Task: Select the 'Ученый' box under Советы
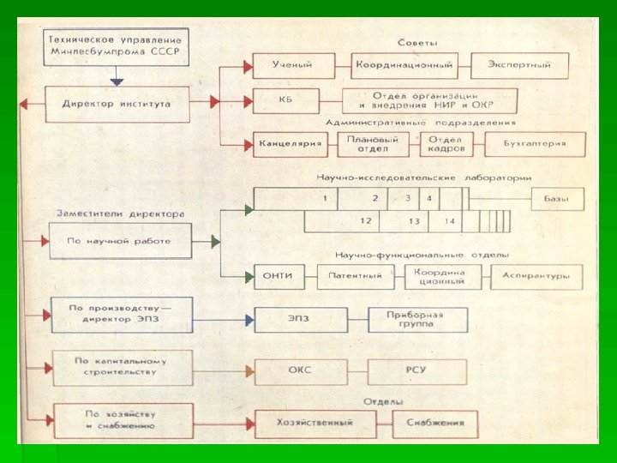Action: tap(292, 65)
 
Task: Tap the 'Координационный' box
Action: tap(404, 65)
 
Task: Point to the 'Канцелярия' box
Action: tap(291, 143)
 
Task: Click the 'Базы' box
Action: tap(557, 199)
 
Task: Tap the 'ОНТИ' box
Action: tap(280, 276)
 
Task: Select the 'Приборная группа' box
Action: tap(418, 320)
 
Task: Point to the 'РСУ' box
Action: tap(417, 371)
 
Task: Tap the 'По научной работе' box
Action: tap(120, 241)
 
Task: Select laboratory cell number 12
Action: tap(365, 221)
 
